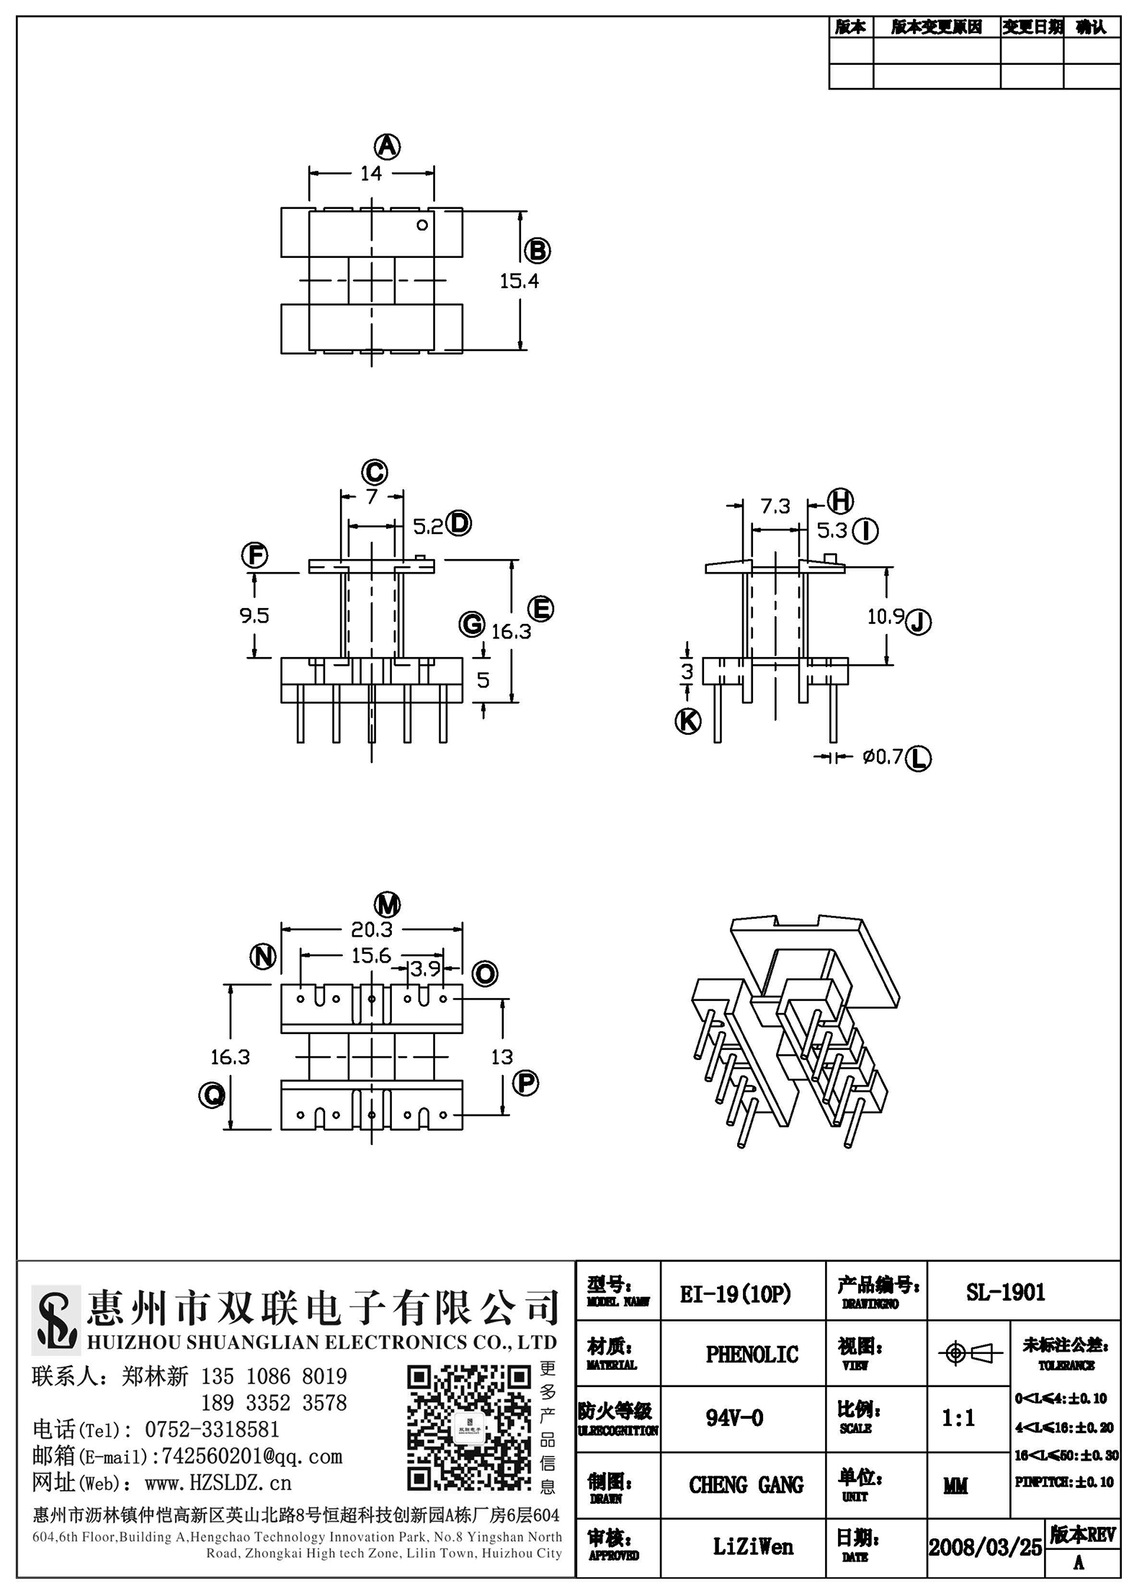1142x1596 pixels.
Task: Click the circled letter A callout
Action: coord(387,147)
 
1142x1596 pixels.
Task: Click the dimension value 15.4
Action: coord(519,281)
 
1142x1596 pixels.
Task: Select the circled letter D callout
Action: coord(458,523)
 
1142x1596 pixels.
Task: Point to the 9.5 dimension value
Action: coord(254,615)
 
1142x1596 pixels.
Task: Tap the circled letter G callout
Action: coord(472,623)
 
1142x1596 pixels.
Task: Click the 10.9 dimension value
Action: coord(886,616)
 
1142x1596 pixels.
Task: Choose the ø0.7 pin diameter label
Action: coord(883,757)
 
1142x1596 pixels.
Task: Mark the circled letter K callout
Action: coord(687,721)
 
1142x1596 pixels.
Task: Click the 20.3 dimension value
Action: coord(371,929)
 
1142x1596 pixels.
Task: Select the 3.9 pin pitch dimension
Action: coord(425,969)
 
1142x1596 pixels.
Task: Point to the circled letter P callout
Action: coord(525,1083)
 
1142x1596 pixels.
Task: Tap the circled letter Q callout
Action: coord(212,1095)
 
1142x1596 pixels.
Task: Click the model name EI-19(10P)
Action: coord(736,1294)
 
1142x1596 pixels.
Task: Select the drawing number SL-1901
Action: coord(1006,1293)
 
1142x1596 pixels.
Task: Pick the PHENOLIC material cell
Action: coord(752,1355)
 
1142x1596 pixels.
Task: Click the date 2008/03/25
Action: coord(985,1546)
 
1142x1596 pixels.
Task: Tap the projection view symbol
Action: coord(970,1354)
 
